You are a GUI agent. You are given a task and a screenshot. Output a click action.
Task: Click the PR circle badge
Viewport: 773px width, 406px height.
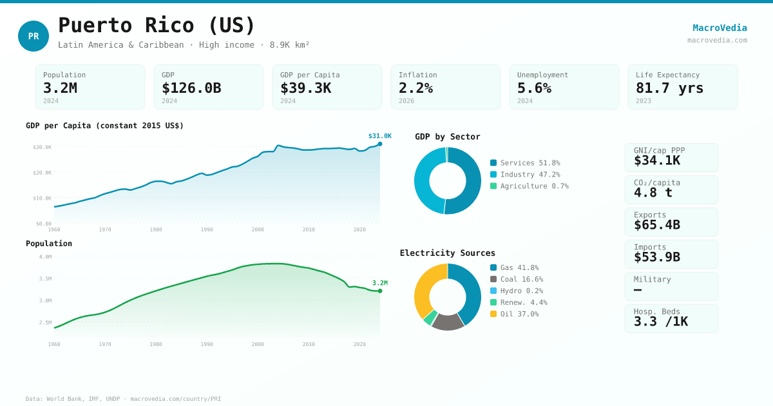(33, 36)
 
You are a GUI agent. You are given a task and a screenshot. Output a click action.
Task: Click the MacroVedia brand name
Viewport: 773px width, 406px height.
(720, 28)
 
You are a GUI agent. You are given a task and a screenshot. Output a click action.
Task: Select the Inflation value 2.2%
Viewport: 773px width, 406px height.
(415, 88)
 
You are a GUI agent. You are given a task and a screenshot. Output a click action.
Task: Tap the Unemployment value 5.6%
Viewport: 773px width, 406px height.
(534, 88)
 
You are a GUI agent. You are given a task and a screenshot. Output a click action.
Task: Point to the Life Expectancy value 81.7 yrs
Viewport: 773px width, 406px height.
(669, 88)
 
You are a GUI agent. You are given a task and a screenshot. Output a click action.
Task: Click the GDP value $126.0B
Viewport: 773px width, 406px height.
(191, 88)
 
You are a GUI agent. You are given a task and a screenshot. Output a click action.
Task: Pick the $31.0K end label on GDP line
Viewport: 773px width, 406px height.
(379, 136)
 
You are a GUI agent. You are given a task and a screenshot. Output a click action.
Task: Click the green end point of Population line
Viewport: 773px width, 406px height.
(380, 291)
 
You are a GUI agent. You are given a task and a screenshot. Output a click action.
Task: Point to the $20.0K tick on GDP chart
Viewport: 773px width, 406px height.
(43, 173)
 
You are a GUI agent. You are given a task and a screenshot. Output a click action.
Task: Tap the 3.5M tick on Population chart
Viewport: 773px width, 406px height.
(45, 278)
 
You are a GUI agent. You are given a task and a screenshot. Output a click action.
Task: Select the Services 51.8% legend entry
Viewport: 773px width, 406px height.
(525, 163)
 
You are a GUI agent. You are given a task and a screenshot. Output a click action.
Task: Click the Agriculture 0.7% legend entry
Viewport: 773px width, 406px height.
(529, 186)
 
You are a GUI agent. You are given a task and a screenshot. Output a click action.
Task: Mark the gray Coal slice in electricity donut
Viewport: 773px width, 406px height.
(447, 322)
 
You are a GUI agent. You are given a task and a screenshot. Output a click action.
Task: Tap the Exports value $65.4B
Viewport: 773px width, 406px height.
(656, 225)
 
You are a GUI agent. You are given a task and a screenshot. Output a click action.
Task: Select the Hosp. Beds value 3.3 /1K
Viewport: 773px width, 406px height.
(660, 322)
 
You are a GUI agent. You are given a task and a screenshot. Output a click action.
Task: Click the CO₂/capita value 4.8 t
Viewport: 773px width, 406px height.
(653, 193)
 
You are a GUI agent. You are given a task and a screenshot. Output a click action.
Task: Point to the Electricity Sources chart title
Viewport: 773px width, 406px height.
(447, 253)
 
